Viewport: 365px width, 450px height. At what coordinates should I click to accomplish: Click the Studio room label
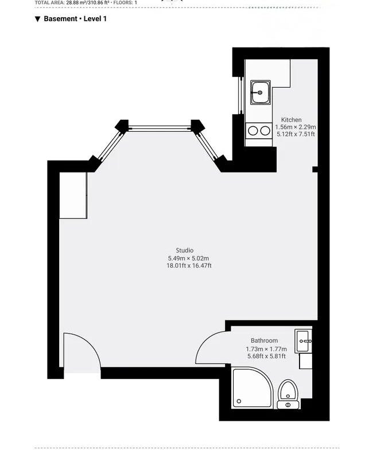[185, 251]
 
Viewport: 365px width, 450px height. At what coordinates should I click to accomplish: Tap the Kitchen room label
[291, 120]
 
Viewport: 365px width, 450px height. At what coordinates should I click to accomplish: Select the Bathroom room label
[264, 341]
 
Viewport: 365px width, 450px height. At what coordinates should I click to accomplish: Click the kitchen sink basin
[261, 92]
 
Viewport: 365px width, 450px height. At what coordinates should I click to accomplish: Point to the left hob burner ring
[253, 131]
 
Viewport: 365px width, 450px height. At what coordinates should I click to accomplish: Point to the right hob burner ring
[265, 131]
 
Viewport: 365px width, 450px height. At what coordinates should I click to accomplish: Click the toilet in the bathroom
[288, 394]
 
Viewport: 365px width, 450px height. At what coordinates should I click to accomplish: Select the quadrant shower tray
[251, 387]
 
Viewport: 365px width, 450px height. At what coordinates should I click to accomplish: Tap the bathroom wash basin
[303, 341]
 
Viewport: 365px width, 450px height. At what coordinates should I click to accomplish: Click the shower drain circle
[239, 401]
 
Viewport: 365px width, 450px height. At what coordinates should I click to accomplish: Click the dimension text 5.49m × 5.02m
[189, 258]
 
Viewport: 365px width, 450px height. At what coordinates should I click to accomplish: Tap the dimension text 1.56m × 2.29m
[296, 127]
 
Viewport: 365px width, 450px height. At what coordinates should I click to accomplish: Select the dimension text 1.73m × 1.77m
[266, 349]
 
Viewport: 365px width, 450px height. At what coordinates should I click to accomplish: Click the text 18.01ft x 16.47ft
[189, 265]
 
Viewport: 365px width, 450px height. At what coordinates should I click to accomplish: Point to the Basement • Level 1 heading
[75, 19]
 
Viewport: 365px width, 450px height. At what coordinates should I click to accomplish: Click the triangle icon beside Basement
[37, 19]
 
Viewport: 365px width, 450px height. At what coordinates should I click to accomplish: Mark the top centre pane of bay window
[160, 128]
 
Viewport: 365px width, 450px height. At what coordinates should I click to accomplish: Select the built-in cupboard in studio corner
[73, 195]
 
